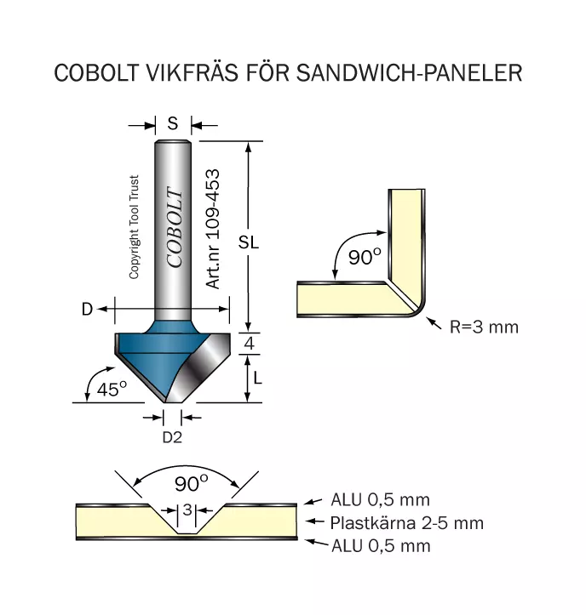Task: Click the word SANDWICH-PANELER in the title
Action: tap(409, 72)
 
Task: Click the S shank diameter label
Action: tap(173, 124)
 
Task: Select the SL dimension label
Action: tap(248, 242)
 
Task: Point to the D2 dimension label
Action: tap(172, 437)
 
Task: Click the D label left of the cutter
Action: tap(87, 310)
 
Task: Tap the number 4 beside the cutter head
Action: tap(249, 344)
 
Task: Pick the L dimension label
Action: tap(257, 378)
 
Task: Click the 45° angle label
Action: tap(112, 389)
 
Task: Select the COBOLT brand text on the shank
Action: tap(175, 227)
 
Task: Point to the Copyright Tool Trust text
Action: tap(134, 227)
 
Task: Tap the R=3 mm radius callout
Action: tap(484, 327)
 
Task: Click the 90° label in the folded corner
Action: tap(365, 257)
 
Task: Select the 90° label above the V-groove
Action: tap(192, 483)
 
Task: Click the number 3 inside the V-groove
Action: tap(187, 510)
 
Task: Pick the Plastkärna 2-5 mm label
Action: tap(407, 523)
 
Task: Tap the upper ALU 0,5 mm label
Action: tap(380, 500)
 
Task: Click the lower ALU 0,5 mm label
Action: tap(381, 546)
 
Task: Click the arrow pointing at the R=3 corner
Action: tap(434, 323)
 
